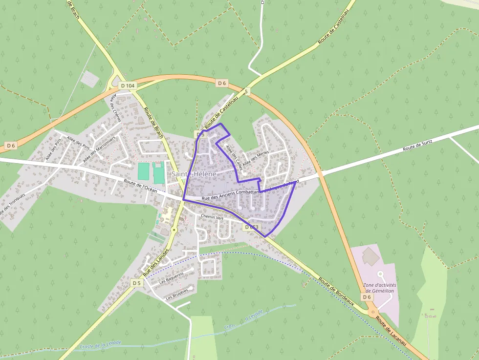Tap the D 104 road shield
[128, 86]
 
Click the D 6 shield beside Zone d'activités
[367, 297]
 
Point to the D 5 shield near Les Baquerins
[136, 283]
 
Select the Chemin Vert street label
[211, 217]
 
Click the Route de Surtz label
[418, 146]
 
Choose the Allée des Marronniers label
[99, 149]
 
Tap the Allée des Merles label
[256, 159]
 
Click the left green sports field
[143, 171]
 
